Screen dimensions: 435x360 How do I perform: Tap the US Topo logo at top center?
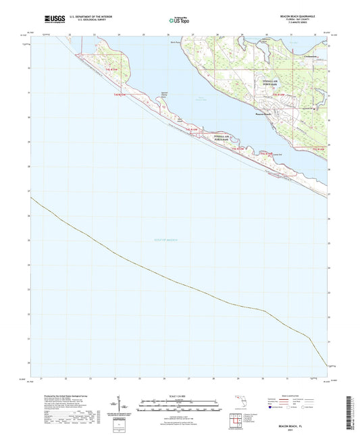point(178,20)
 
